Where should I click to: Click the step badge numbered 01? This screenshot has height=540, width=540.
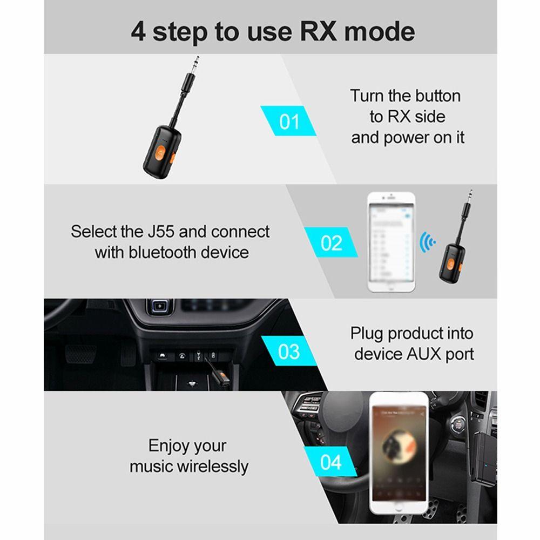289,121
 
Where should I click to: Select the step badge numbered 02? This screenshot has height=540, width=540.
331,242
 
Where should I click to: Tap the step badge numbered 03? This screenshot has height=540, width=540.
289,352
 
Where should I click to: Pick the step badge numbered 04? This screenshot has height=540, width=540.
330,462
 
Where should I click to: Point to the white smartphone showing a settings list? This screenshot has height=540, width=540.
391,242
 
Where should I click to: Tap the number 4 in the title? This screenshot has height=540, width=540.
138,32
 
